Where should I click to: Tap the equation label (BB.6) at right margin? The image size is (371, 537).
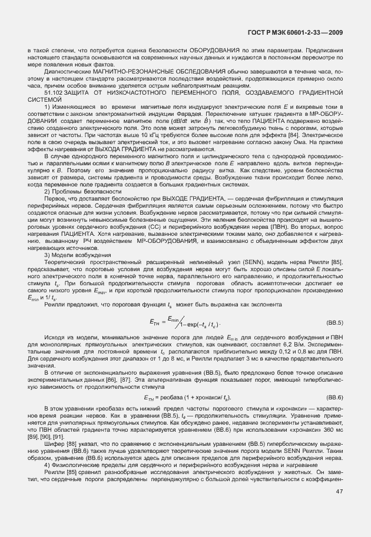334,398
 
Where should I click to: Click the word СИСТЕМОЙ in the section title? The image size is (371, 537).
44,99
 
